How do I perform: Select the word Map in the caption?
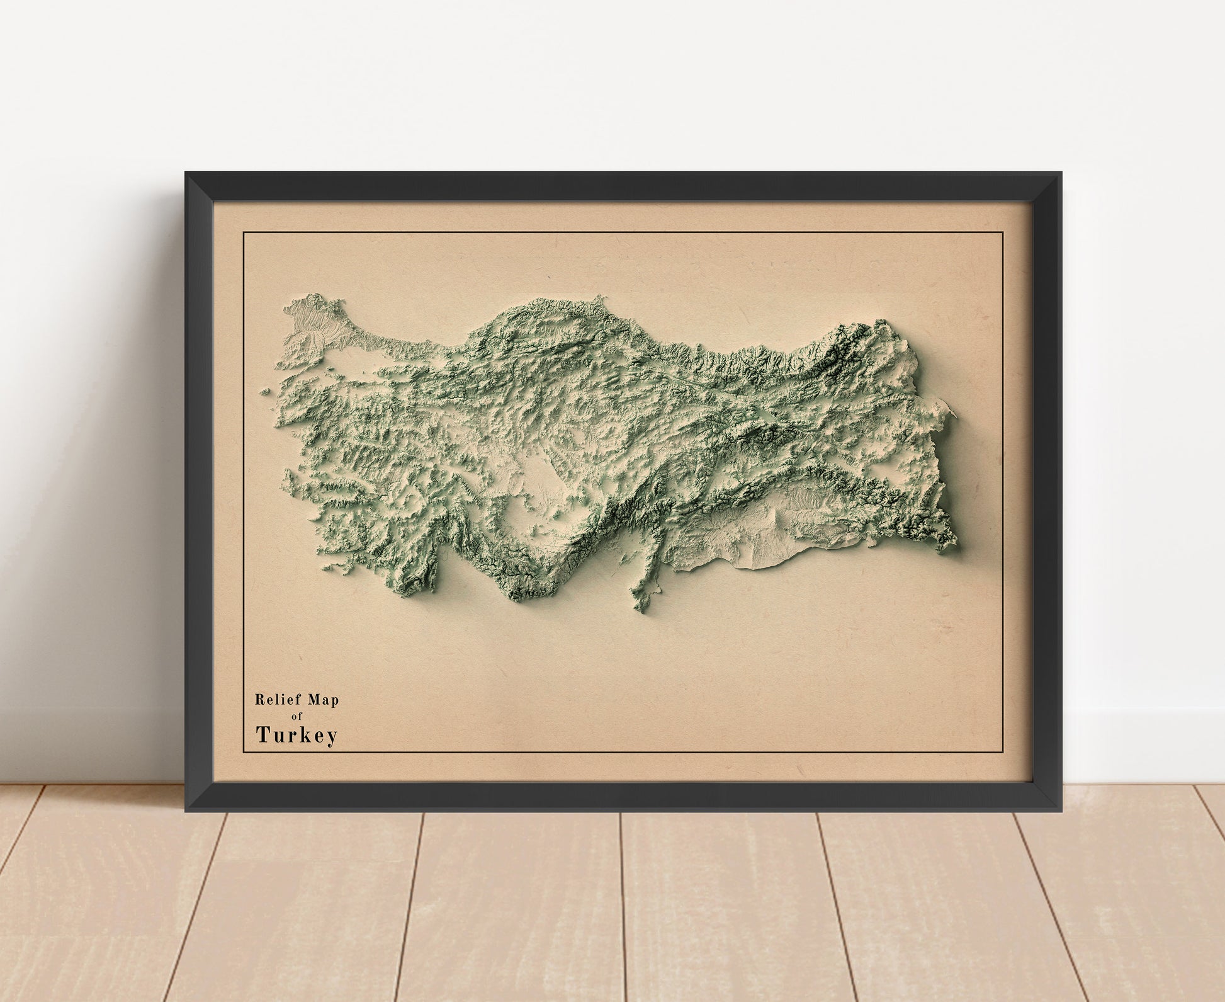323,699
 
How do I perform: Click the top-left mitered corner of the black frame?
187,174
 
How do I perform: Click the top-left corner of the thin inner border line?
244,232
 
